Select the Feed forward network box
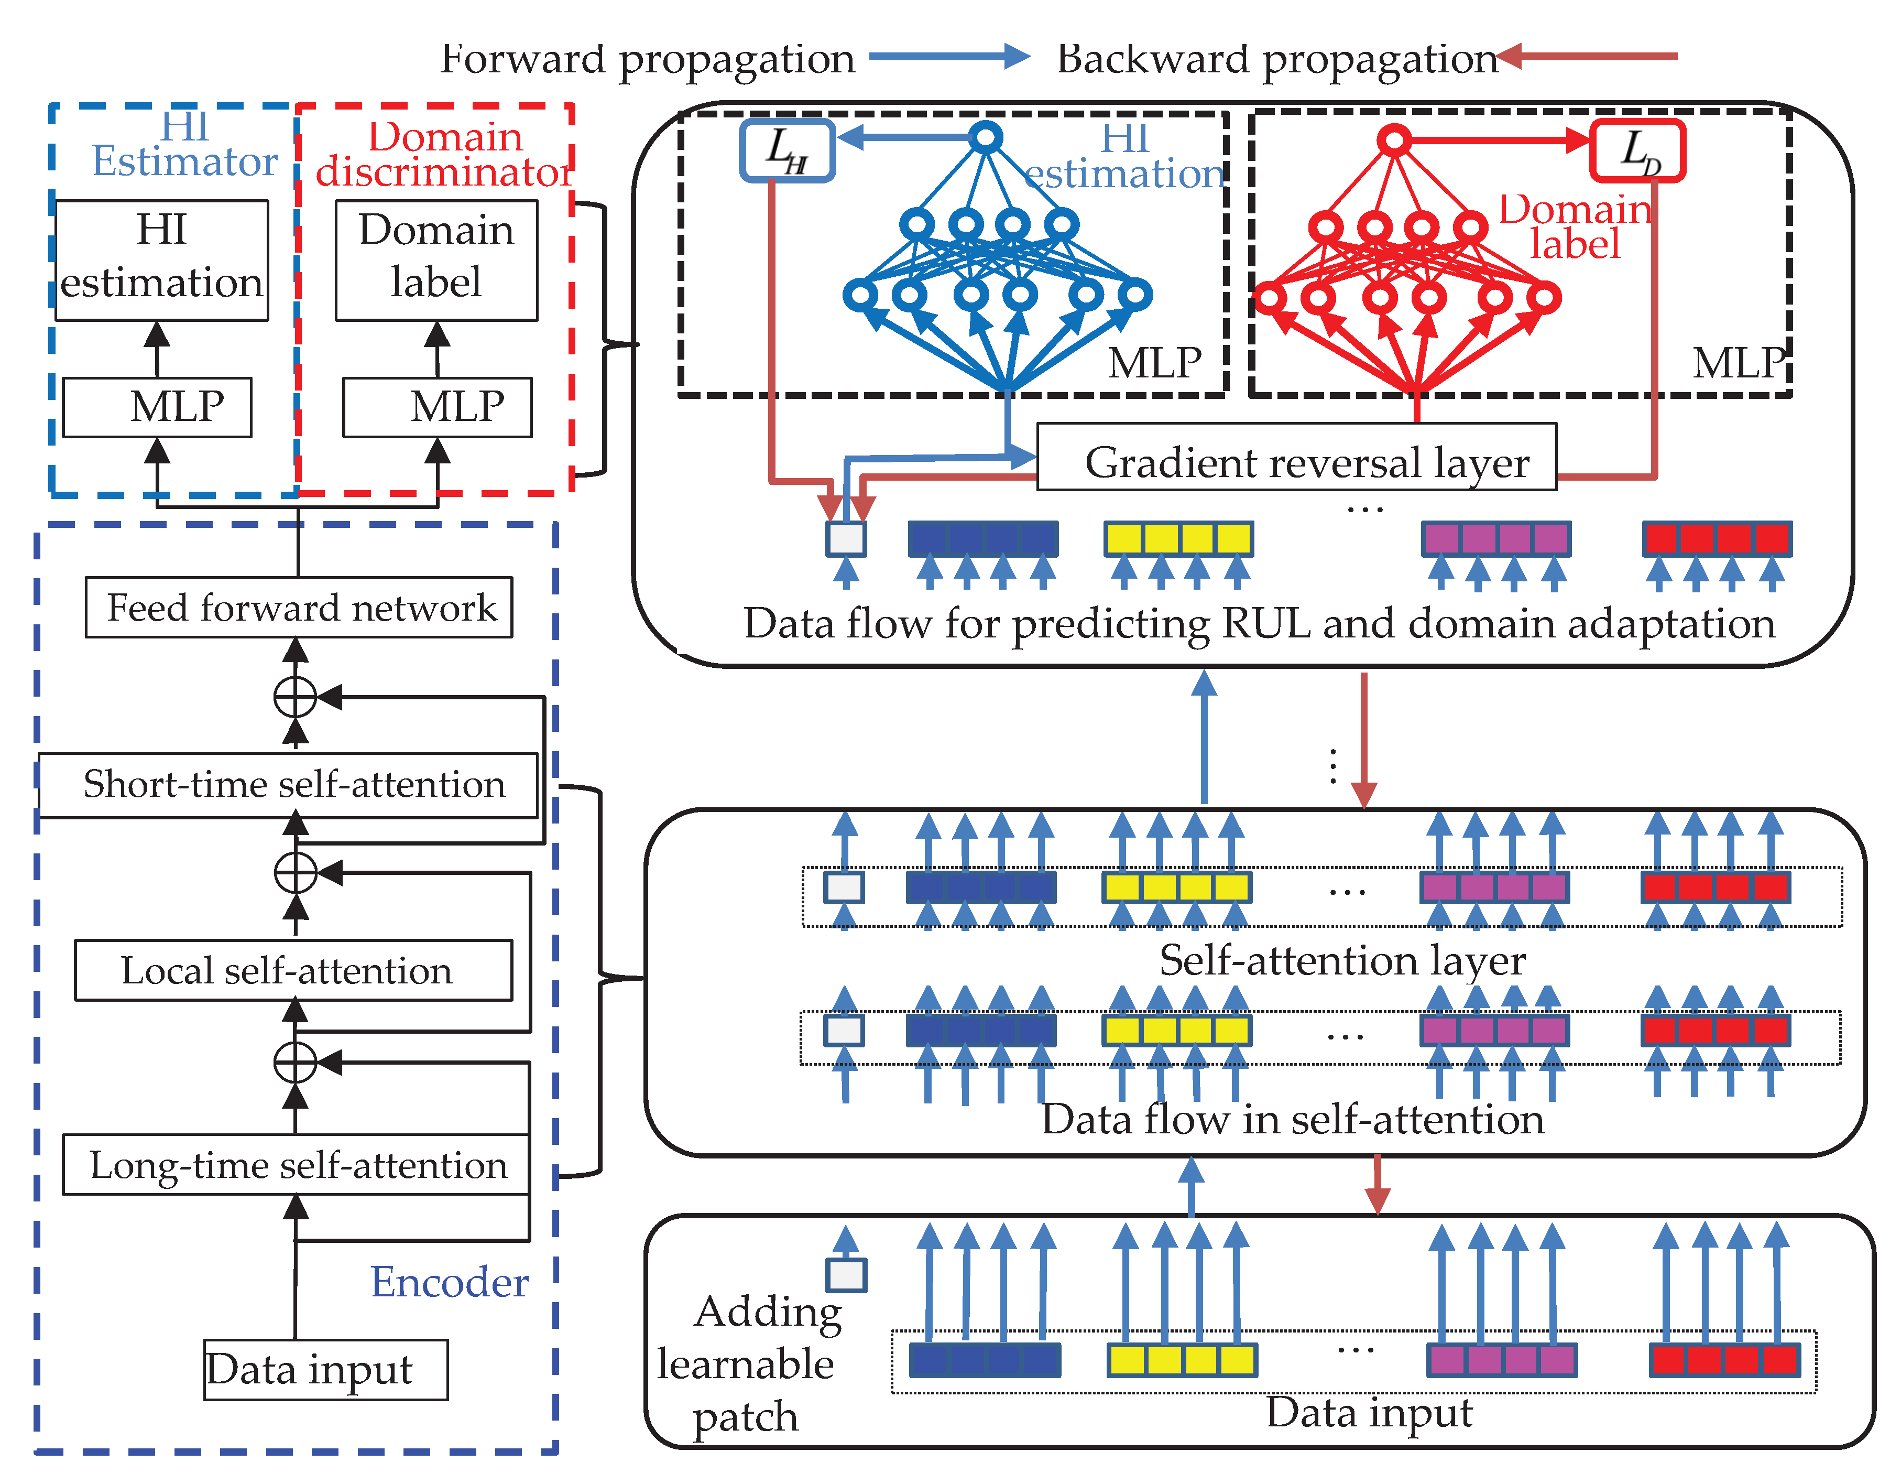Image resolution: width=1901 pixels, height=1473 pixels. (299, 608)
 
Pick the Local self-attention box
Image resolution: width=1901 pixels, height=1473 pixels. (293, 971)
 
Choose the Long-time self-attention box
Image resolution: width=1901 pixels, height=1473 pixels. (296, 1165)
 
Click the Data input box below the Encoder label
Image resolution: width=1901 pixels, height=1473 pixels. (325, 1369)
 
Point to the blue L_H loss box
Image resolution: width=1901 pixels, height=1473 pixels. (787, 150)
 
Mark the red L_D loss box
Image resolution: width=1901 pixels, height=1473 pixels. (1637, 150)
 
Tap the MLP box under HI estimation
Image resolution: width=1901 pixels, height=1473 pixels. (158, 407)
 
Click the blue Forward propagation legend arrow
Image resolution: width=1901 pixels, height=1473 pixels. (949, 57)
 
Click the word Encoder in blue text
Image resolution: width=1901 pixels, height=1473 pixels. (449, 1282)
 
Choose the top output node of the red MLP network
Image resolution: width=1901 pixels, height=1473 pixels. (1394, 139)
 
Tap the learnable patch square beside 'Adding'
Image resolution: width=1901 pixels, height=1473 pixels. (846, 1275)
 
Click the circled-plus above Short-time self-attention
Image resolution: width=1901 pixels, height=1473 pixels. (295, 697)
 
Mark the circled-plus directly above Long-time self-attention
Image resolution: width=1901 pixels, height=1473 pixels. (295, 1062)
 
